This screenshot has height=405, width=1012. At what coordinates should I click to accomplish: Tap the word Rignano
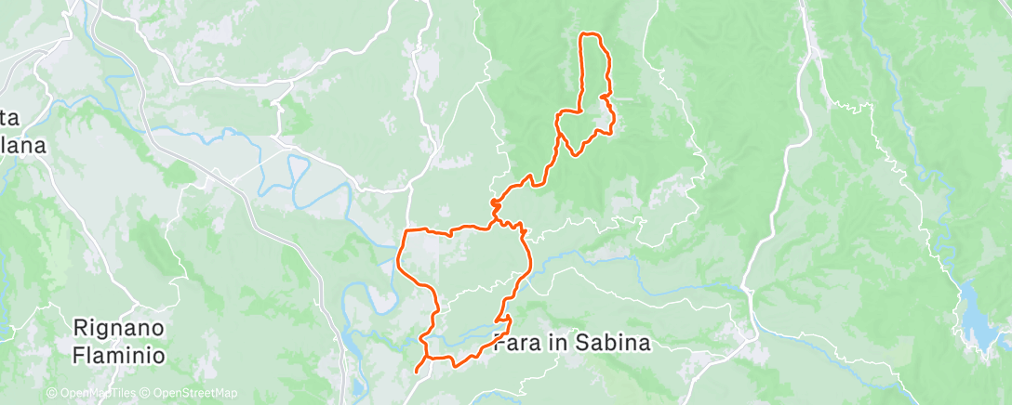[x=119, y=328]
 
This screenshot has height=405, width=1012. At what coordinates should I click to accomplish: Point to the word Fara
[x=515, y=343]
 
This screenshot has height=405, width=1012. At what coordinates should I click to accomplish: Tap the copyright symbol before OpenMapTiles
[x=52, y=393]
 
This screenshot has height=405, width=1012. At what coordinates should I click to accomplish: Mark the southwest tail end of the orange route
[x=415, y=372]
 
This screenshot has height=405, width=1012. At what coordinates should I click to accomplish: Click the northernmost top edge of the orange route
[x=590, y=34]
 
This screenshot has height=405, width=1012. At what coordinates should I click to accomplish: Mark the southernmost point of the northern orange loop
[x=577, y=153]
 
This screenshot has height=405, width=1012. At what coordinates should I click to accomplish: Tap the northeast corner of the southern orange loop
[x=524, y=228]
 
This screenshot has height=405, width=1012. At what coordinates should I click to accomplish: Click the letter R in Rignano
[x=81, y=328]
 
